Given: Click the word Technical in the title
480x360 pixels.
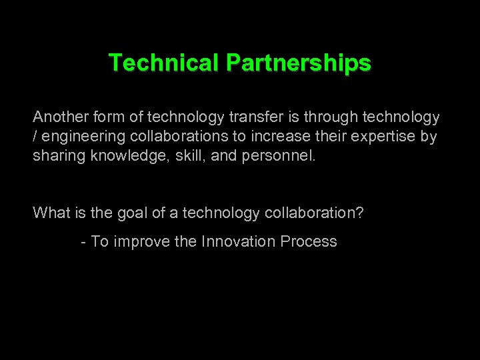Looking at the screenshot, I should [164, 63].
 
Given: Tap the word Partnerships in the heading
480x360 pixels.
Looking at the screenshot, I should [298, 63].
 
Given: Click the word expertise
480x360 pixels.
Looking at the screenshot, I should [377, 137].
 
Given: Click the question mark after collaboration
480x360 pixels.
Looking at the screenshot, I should [359, 213].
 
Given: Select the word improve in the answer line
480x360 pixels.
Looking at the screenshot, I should [141, 241].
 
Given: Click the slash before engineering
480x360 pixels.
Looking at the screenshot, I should [35, 137].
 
